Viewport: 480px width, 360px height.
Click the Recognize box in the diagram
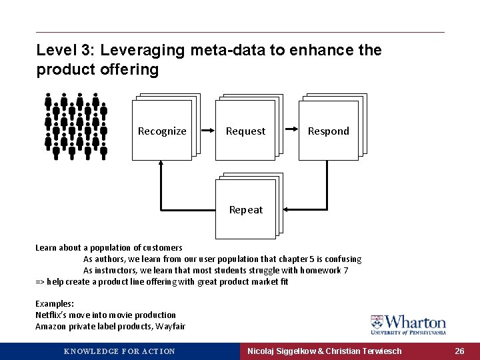[162, 131]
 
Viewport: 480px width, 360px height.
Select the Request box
[245, 131]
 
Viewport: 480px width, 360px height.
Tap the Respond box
[328, 131]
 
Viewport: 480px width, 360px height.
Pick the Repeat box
[245, 209]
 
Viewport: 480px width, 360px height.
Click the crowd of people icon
[75, 125]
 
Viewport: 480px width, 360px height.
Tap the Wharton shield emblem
[377, 323]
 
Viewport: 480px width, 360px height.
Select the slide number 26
[459, 351]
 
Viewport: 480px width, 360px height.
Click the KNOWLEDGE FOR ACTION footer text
[119, 351]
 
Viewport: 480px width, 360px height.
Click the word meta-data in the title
[223, 50]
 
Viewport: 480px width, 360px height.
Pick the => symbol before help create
[39, 281]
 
